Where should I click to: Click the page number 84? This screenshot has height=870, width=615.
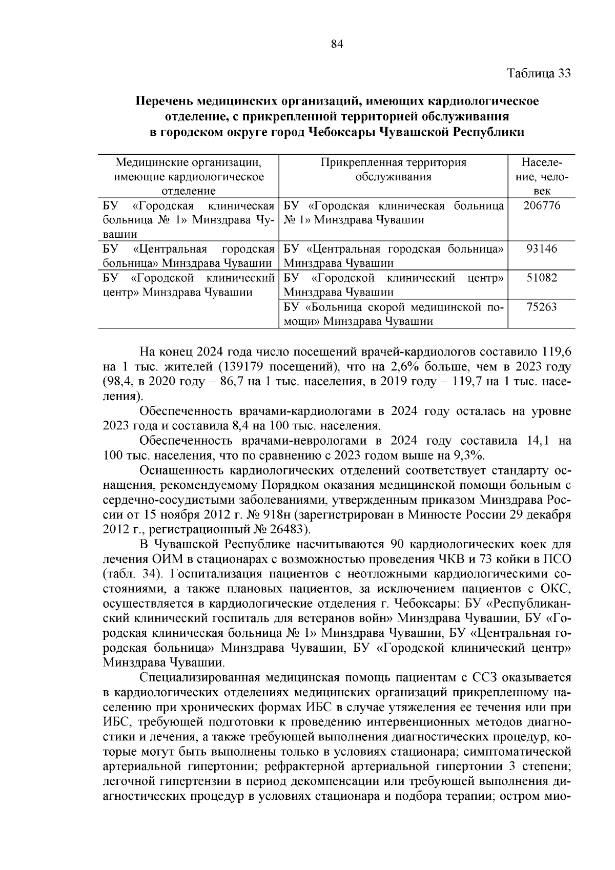pos(337,45)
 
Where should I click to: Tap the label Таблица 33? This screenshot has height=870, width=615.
pos(539,73)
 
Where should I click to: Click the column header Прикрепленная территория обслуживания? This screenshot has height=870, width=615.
pos(393,170)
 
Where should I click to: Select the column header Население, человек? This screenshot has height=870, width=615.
pos(542,177)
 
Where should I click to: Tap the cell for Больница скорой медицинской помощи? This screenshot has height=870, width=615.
pos(393,314)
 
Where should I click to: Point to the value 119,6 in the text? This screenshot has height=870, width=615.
pos(556,353)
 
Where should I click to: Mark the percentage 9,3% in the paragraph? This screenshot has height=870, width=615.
pos(468,455)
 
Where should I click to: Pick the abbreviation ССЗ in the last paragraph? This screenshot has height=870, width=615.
pos(484,677)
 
